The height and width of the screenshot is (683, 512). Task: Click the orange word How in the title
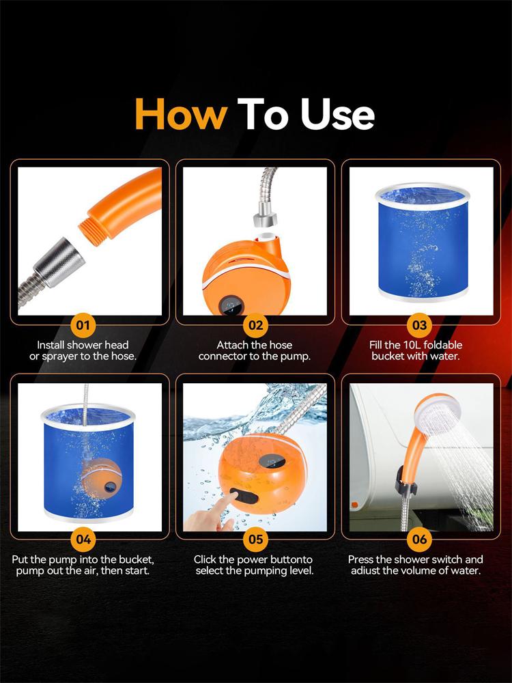tap(181, 114)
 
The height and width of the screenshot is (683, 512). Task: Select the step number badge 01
tap(83, 325)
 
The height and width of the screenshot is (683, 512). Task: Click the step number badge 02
tap(256, 325)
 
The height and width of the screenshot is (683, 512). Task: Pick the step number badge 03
tap(419, 325)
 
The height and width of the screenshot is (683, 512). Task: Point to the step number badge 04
tap(83, 540)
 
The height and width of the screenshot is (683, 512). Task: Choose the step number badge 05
tap(256, 540)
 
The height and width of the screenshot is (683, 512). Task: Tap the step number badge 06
tap(419, 540)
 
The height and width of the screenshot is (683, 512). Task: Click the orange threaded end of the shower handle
tap(93, 231)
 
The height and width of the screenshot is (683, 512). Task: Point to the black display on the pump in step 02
tap(231, 305)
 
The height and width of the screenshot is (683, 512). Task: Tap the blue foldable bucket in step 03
tap(423, 242)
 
